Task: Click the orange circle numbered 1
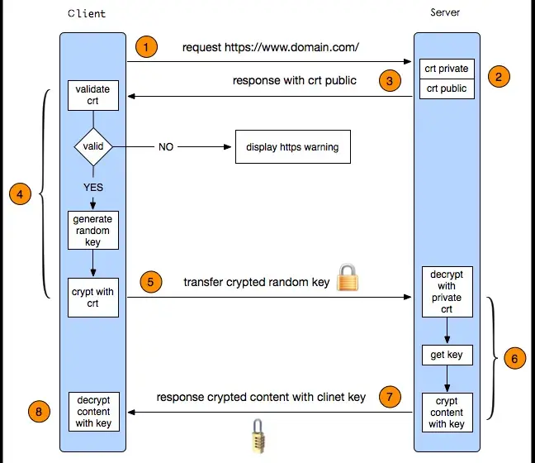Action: pos(145,47)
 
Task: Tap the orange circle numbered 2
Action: pos(498,77)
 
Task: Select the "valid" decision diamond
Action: pos(93,147)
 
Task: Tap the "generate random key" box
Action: pos(93,231)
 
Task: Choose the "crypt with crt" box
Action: pos(93,298)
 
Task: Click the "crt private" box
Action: pos(447,69)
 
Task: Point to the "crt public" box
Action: pos(447,88)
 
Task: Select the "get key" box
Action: pos(447,356)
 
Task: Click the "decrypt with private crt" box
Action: pos(447,292)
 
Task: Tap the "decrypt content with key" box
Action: pos(93,411)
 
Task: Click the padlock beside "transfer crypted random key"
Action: pos(348,279)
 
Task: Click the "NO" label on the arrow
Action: pos(166,147)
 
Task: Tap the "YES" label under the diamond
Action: pos(93,187)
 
